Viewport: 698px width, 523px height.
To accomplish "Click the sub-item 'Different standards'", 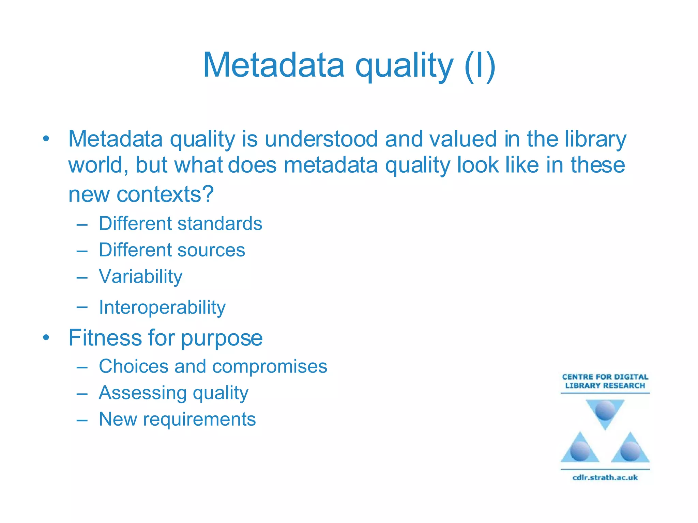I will (180, 224).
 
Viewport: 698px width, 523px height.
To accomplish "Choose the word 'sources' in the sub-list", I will (211, 250).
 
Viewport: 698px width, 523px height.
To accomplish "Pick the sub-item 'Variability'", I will (140, 276).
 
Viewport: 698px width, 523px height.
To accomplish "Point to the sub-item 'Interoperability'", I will (162, 307).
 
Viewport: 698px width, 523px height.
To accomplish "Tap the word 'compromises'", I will (270, 367).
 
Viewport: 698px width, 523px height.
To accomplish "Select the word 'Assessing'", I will (142, 393).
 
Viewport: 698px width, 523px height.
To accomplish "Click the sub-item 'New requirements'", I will (177, 419).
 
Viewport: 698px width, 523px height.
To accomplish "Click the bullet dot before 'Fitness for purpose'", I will (46, 338).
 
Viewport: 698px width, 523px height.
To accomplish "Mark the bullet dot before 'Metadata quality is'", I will (46, 139).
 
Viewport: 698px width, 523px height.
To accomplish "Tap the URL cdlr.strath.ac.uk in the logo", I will (605, 477).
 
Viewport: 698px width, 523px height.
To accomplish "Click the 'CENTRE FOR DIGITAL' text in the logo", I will (605, 377).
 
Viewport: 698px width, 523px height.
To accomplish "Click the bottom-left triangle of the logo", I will (580, 449).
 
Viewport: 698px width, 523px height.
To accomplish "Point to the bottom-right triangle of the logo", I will (630, 449).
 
